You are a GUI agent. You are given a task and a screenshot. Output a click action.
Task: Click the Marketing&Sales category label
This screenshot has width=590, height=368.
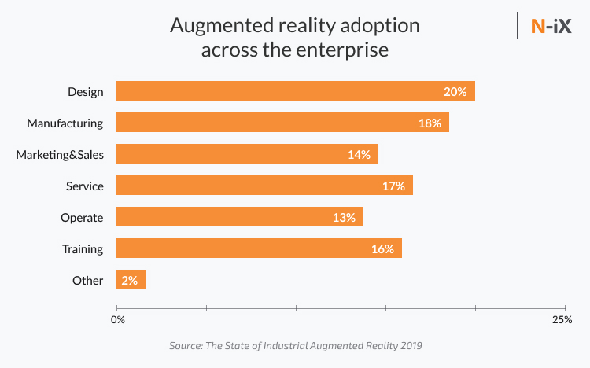[x=60, y=154]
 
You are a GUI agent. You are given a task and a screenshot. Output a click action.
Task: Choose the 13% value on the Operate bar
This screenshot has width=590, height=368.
[x=345, y=217]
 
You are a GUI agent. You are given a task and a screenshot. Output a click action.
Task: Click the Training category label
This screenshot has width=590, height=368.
[x=83, y=248]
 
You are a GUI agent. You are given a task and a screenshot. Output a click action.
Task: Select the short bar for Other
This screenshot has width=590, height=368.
[x=131, y=280]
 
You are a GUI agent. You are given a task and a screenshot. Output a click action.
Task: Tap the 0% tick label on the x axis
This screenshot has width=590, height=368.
[x=117, y=320]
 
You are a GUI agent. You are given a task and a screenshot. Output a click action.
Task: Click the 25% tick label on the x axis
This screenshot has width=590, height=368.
[x=562, y=320]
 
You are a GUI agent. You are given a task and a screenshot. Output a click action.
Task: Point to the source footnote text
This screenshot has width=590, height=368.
[x=301, y=345]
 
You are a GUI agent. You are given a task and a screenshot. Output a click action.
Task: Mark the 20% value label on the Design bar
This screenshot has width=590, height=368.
[x=455, y=91]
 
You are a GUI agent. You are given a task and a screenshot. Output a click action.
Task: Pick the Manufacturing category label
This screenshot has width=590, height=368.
[x=65, y=123]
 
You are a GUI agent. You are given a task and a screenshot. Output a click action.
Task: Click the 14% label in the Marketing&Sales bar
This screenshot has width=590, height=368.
[x=359, y=154]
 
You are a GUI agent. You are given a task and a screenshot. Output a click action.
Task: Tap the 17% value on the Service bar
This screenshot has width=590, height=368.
[x=393, y=186]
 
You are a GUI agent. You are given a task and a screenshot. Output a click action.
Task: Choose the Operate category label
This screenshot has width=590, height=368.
[x=82, y=217]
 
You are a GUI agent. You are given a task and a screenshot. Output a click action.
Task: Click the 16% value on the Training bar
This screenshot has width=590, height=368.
[x=382, y=248]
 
